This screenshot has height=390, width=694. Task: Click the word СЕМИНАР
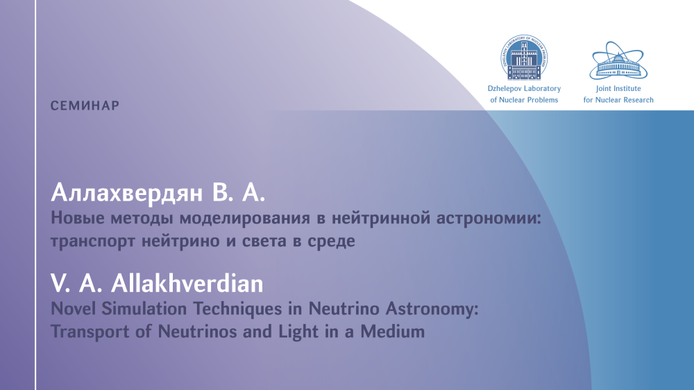(x=85, y=105)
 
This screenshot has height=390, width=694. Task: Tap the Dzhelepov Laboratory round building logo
(x=524, y=58)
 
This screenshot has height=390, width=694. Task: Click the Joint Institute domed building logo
(x=618, y=60)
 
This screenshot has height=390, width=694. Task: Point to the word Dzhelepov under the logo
(x=502, y=89)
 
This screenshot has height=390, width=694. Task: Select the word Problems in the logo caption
(x=543, y=100)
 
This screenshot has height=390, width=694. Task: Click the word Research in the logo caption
(x=638, y=100)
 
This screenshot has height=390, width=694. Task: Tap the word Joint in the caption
(x=603, y=89)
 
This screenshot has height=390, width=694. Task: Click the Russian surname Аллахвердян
(x=127, y=194)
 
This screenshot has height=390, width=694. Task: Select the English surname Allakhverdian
(x=187, y=283)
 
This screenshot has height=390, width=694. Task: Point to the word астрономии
(x=489, y=219)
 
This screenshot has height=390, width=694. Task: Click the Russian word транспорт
(x=93, y=241)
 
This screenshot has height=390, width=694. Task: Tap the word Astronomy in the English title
(x=432, y=310)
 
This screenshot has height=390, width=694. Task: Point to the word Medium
(x=393, y=332)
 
